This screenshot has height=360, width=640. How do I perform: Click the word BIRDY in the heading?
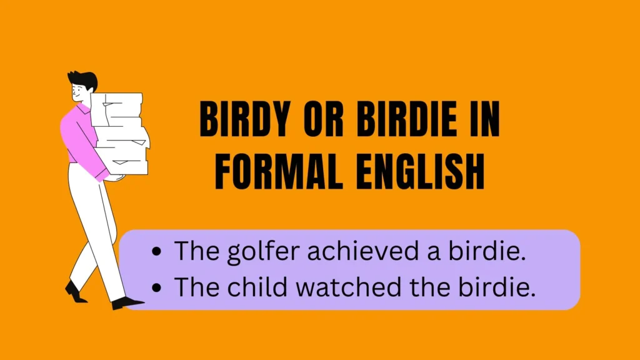(245, 119)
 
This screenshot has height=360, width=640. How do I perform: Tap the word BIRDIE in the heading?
(407, 119)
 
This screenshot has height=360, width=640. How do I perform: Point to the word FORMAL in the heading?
(279, 171)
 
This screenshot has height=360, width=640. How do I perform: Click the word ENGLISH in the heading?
(421, 171)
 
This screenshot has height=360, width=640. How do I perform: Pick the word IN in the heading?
(485, 119)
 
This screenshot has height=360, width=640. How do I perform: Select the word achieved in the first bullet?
(363, 251)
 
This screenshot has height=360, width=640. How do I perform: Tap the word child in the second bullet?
(257, 286)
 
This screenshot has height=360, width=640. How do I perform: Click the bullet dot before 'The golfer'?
(156, 252)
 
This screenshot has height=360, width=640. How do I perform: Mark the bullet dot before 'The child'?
(156, 287)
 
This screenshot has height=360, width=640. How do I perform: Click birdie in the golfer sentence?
(486, 251)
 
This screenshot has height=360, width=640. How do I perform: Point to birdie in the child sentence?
(496, 286)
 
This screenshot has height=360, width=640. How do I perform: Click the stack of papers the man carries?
(121, 134)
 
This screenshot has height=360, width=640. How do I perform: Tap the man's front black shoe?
(127, 303)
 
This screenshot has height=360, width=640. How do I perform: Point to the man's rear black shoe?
(75, 292)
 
